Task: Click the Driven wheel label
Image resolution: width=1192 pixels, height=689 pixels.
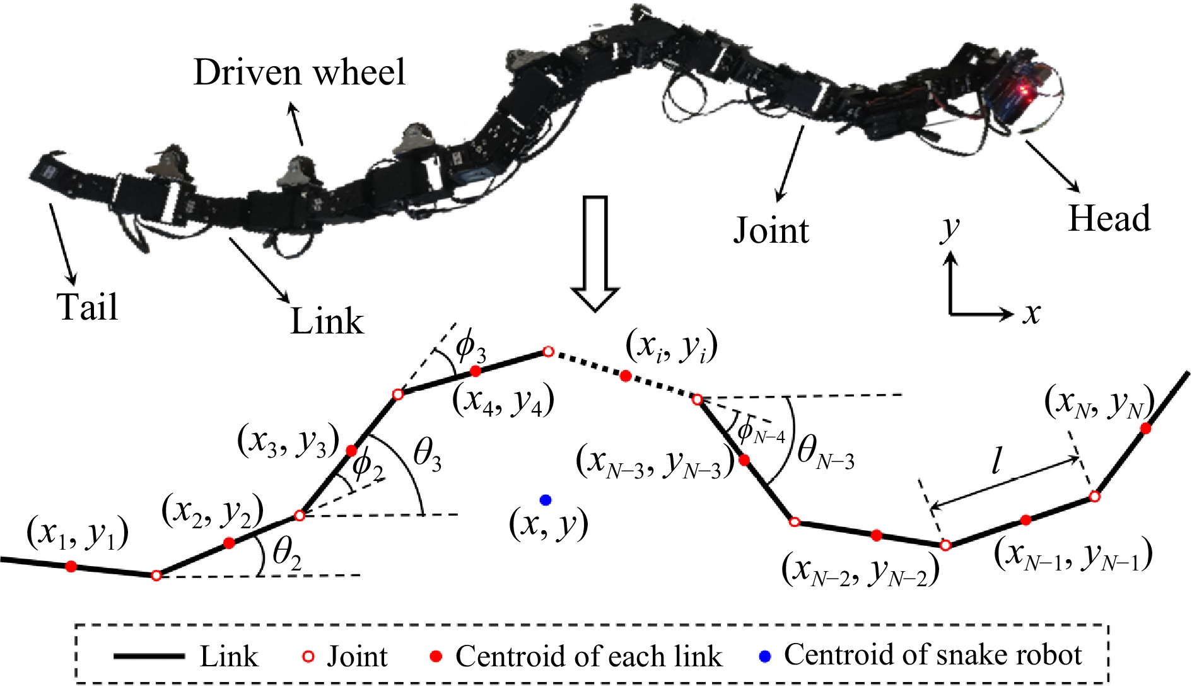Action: [x=299, y=72]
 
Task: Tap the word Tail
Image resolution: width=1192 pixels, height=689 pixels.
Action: [x=88, y=307]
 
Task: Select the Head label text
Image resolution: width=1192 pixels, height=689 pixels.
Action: [x=1109, y=219]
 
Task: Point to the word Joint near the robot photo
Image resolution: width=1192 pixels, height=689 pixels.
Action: [x=771, y=230]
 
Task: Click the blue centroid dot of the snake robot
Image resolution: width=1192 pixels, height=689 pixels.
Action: [x=546, y=500]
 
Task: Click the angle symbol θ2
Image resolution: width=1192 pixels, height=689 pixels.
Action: [x=286, y=554]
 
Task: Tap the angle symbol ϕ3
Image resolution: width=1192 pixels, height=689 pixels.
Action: [x=470, y=347]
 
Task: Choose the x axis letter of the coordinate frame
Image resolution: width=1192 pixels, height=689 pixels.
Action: [x=1031, y=313]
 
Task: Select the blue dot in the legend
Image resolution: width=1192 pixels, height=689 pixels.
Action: [x=765, y=656]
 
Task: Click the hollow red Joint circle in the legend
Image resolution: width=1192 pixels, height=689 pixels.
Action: [x=308, y=657]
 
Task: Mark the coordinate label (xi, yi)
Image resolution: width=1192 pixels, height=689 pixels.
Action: [x=672, y=347]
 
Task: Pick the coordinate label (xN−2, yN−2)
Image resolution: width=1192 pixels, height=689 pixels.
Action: [x=860, y=570]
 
